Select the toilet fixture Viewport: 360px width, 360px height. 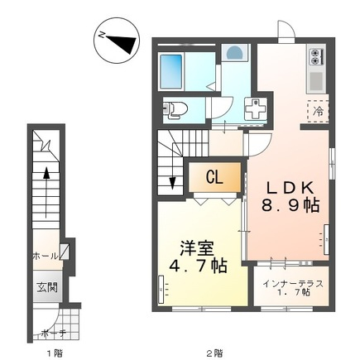pyautogui.click(x=175, y=110)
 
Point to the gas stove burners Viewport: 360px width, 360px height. pyautogui.click(x=314, y=56)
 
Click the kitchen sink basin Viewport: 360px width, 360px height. pyautogui.click(x=315, y=81)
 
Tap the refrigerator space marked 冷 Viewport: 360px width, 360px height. pyautogui.click(x=318, y=111)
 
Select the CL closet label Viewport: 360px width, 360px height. pyautogui.click(x=214, y=177)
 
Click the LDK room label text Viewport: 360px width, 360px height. pyautogui.click(x=290, y=188)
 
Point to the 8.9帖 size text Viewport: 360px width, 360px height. pyautogui.click(x=290, y=205)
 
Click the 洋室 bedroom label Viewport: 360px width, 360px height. pyautogui.click(x=197, y=249)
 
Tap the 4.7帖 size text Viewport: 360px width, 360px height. pyautogui.click(x=198, y=266)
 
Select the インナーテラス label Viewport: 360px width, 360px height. pyautogui.click(x=293, y=283)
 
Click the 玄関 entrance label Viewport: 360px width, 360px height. pyautogui.click(x=47, y=288)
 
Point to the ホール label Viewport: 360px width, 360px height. pyautogui.click(x=46, y=257)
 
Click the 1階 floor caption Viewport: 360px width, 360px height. pyautogui.click(x=55, y=353)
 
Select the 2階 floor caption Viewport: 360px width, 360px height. pyautogui.click(x=214, y=353)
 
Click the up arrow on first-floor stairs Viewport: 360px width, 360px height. pyautogui.click(x=46, y=192)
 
